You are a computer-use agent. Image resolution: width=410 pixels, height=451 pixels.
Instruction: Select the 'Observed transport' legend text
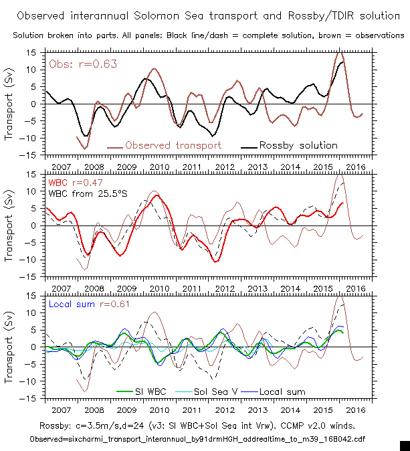173,145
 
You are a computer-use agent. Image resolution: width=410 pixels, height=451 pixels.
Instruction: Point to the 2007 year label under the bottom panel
61,410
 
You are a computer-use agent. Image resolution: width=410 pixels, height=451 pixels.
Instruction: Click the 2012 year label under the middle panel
225,288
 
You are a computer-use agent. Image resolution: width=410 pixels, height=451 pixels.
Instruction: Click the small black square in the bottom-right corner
404,445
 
